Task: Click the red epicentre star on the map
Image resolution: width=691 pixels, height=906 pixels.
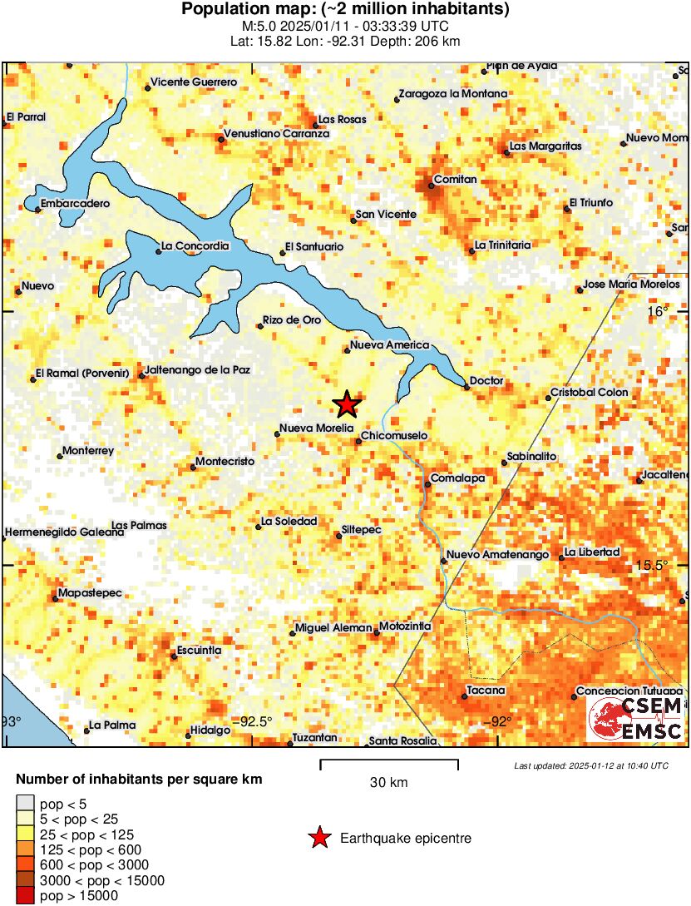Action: pos(347,404)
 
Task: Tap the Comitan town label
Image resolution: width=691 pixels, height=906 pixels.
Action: pos(457,179)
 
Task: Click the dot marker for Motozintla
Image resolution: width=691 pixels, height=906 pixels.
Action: pos(376,633)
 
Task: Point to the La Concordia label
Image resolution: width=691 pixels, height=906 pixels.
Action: pos(195,245)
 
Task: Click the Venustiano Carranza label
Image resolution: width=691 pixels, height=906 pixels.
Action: pos(278,133)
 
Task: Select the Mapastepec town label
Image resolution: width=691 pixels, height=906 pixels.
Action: pos(91,592)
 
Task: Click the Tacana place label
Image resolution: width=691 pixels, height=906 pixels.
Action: pos(486,691)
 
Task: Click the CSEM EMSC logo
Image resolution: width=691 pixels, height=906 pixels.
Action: pos(635,719)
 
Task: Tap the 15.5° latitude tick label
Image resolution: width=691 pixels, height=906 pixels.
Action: pos(653,565)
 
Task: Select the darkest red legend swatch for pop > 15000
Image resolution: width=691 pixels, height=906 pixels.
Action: pos(26,895)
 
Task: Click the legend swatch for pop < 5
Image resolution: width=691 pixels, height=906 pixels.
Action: pos(26,803)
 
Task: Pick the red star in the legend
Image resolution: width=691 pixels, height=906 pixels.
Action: pos(319,839)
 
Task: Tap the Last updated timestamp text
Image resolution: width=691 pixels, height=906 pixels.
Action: pos(590,765)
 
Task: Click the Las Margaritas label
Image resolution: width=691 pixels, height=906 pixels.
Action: pos(545,146)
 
